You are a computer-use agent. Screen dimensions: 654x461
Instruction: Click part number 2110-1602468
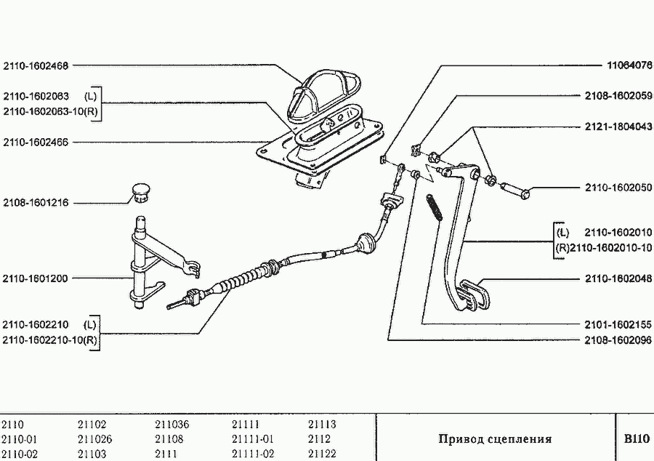36,65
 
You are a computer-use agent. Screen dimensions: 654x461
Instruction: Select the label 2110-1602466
36,143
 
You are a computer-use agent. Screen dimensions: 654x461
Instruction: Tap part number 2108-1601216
36,203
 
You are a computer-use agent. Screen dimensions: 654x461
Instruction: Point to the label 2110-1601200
35,278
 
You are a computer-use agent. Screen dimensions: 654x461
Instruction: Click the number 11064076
629,65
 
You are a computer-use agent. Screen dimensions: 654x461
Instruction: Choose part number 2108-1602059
618,96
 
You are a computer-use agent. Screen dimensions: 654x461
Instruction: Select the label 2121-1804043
618,127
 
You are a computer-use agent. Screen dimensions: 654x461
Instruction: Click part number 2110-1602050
618,188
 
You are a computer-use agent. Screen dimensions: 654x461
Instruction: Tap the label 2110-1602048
618,278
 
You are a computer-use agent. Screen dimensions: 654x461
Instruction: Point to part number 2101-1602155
618,324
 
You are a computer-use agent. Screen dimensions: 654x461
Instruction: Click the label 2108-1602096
618,340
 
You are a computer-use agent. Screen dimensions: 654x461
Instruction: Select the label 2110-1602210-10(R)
49,340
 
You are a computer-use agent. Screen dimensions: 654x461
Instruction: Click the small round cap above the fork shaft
141,193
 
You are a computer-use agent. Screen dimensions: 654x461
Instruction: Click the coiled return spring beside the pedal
434,207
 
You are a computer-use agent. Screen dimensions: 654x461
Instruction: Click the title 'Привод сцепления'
495,439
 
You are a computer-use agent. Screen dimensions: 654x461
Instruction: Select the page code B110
637,439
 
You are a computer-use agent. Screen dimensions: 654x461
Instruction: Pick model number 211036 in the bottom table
171,425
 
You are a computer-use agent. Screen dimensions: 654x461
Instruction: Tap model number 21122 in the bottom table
323,454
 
